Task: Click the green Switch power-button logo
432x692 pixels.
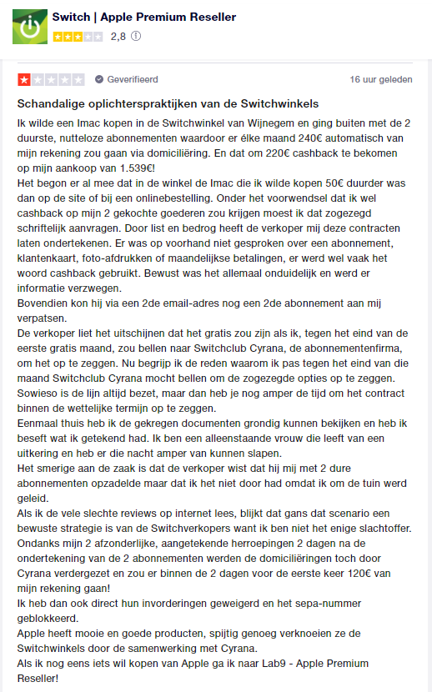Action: click(x=30, y=27)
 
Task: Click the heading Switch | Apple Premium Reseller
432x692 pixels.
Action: click(x=143, y=17)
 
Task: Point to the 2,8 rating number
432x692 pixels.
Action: click(x=118, y=37)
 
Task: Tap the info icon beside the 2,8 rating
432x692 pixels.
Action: click(x=136, y=37)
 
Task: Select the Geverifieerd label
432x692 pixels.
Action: click(x=131, y=80)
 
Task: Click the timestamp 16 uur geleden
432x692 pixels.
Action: click(x=380, y=80)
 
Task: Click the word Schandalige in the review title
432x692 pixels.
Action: click(x=54, y=104)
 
